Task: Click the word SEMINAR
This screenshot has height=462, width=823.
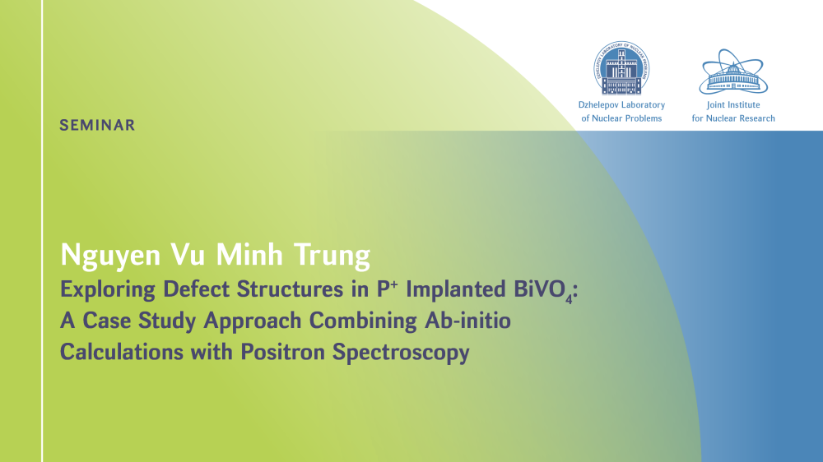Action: (97, 125)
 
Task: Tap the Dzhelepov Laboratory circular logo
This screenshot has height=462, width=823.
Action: (621, 68)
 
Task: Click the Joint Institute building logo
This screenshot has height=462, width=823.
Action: (733, 72)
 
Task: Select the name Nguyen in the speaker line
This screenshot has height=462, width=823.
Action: (111, 256)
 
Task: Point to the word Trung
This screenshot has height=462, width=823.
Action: (332, 256)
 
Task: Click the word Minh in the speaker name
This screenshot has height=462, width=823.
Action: (249, 254)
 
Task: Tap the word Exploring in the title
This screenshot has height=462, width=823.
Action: (108, 290)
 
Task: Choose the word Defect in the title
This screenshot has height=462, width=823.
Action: (197, 289)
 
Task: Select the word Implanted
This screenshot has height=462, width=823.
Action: (456, 290)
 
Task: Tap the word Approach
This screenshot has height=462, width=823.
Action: (253, 321)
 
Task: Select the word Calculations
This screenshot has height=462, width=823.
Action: (120, 351)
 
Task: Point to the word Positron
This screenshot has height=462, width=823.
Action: (282, 351)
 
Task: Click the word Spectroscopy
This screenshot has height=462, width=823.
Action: (401, 353)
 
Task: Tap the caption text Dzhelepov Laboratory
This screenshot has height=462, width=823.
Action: (621, 105)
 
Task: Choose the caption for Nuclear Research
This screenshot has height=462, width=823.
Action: (733, 118)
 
